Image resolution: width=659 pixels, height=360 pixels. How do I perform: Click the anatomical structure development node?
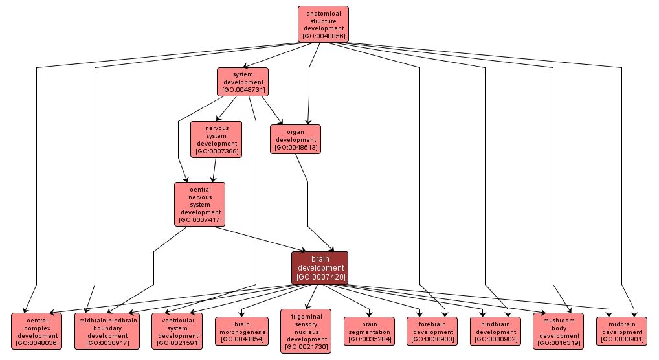323,24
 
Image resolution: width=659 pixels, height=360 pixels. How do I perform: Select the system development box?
243,82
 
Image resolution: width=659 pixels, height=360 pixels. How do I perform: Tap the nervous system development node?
216,139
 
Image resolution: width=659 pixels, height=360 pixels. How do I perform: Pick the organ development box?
295,139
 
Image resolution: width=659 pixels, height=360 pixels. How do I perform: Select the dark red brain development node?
320,267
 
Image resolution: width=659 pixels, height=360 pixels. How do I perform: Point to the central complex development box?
36,331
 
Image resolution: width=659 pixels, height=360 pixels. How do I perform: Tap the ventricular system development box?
177,331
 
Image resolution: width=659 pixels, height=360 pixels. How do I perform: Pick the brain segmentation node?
369,331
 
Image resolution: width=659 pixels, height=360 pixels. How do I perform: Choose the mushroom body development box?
559,331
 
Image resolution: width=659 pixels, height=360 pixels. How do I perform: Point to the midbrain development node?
621,331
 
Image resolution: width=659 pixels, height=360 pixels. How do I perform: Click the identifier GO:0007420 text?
320,277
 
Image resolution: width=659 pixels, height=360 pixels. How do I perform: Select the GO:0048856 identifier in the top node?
323,36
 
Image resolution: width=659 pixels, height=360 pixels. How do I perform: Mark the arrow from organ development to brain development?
307,207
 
